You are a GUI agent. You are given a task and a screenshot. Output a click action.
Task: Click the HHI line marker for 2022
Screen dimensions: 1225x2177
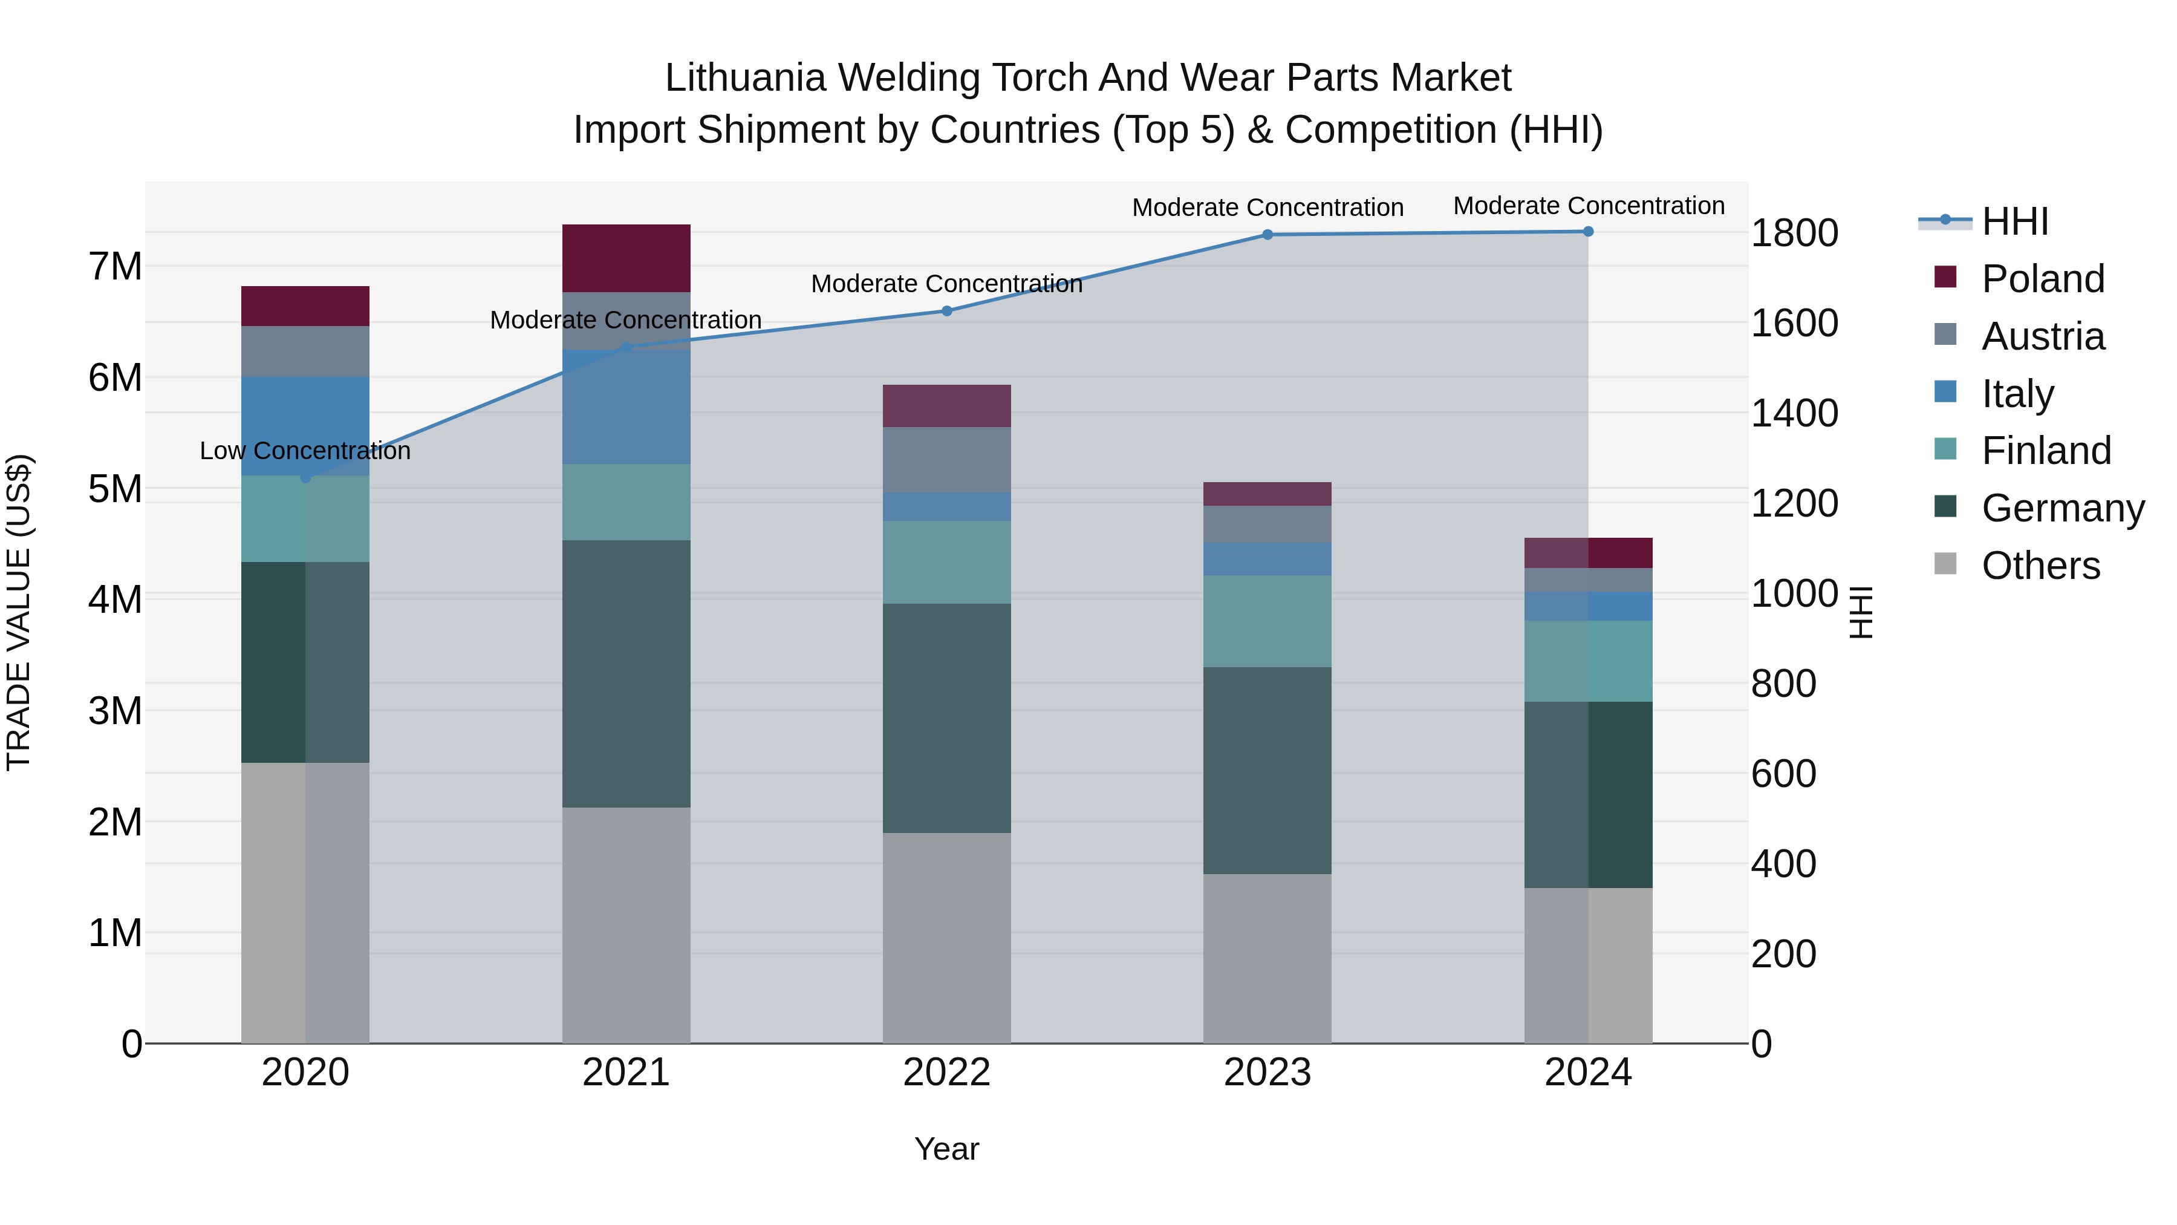click(946, 311)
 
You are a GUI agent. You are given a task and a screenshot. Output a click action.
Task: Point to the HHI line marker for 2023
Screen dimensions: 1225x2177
click(1267, 235)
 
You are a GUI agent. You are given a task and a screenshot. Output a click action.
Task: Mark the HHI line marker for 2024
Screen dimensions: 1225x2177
click(1588, 232)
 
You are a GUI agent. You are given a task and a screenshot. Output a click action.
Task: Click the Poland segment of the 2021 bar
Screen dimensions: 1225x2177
click(626, 258)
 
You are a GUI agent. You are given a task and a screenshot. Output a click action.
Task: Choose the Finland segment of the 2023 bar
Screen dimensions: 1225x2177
click(1267, 621)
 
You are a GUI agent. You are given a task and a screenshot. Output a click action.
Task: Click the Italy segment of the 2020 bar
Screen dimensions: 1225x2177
click(305, 426)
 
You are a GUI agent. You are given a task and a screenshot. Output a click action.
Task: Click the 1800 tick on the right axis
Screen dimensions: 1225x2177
click(1794, 234)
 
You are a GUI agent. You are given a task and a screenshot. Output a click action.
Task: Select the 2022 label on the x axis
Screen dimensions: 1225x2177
click(946, 1073)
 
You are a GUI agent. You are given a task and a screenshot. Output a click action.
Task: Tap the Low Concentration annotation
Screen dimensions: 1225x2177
click(305, 451)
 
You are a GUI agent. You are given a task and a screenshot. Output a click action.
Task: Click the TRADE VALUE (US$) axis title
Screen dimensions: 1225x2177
click(19, 612)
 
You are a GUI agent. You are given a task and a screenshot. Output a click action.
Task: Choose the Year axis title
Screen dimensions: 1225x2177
click(946, 1149)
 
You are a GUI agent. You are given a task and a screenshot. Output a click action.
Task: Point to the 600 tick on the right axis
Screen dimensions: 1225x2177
click(1783, 774)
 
